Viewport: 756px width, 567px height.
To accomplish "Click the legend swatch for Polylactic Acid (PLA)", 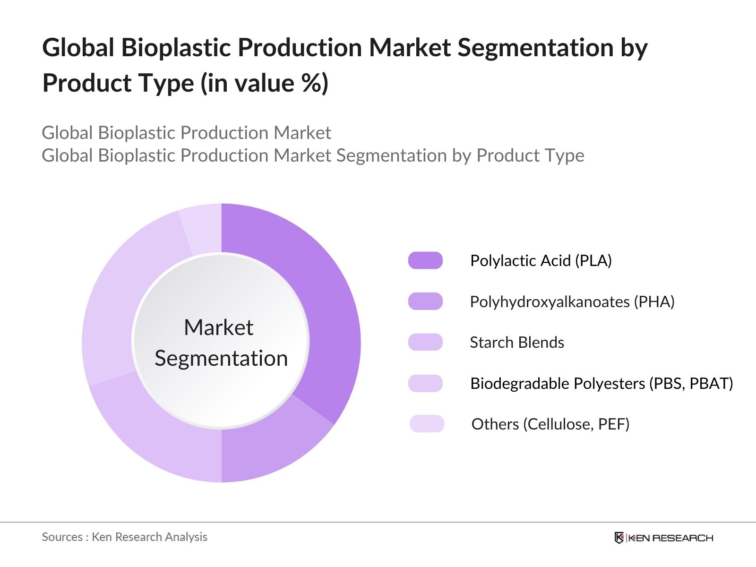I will [425, 260].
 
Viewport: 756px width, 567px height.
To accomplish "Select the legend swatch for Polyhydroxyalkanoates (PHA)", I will [425, 301].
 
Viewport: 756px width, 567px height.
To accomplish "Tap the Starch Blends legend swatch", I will [425, 342].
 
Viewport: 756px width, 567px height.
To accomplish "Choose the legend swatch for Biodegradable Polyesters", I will [425, 383].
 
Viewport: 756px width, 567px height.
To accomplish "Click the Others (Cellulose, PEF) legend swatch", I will [427, 424].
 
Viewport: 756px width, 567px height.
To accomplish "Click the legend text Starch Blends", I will [517, 342].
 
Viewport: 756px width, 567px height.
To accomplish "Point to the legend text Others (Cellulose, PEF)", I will [550, 424].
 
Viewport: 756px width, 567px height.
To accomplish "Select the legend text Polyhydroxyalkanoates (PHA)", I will [572, 301].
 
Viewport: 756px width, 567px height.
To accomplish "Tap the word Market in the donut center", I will [218, 327].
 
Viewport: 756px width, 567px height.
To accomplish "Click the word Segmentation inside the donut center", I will [221, 358].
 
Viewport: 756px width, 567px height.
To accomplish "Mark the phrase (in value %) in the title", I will [264, 83].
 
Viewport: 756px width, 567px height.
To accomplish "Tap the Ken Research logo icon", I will [619, 538].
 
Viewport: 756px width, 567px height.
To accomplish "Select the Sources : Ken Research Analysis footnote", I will [124, 537].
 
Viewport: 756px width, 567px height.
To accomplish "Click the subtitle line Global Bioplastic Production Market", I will [186, 133].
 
